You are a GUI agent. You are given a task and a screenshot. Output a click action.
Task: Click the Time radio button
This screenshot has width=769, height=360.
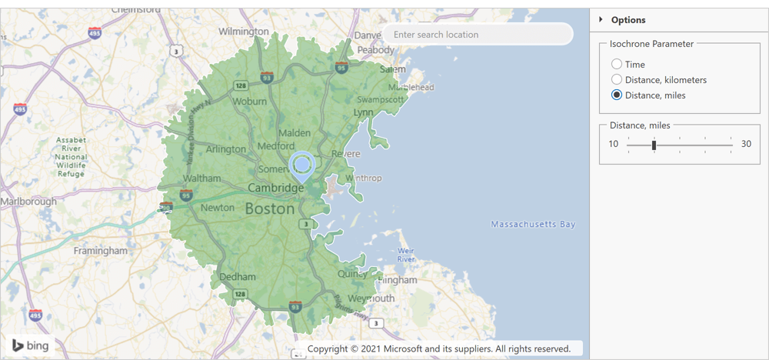pyautogui.click(x=617, y=65)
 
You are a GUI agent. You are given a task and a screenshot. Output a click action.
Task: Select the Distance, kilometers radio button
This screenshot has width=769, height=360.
pyautogui.click(x=617, y=80)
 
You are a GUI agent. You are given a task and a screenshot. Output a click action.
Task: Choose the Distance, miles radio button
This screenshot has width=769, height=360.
pyautogui.click(x=617, y=95)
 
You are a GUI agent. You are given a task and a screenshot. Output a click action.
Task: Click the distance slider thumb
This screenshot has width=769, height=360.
pyautogui.click(x=654, y=145)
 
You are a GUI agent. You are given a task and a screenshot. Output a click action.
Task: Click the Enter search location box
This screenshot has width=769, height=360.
pyautogui.click(x=478, y=35)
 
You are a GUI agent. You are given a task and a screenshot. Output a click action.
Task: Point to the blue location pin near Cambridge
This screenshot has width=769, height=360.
pyautogui.click(x=301, y=165)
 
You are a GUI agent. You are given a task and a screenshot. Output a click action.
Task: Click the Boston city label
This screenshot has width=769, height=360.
pyautogui.click(x=269, y=209)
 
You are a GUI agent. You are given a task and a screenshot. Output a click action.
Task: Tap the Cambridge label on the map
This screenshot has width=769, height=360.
pyautogui.click(x=275, y=188)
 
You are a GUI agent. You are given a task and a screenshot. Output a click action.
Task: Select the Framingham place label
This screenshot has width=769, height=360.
pyautogui.click(x=100, y=251)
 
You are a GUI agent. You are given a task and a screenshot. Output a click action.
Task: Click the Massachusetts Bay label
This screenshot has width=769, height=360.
pyautogui.click(x=533, y=225)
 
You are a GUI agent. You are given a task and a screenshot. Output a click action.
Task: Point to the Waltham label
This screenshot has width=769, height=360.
pyautogui.click(x=202, y=178)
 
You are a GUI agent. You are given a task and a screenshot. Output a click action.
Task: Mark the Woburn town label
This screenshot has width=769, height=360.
pyautogui.click(x=249, y=102)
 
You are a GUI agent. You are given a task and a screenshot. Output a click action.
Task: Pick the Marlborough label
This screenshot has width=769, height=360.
pyautogui.click(x=28, y=202)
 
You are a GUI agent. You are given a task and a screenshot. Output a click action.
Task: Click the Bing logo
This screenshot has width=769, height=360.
pyautogui.click(x=29, y=345)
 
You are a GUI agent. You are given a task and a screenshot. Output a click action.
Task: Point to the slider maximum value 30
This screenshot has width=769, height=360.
pyautogui.click(x=746, y=144)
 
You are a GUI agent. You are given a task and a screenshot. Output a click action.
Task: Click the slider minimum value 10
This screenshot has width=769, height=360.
pyautogui.click(x=614, y=144)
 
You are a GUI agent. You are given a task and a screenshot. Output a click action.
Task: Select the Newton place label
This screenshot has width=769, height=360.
pyautogui.click(x=217, y=208)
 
